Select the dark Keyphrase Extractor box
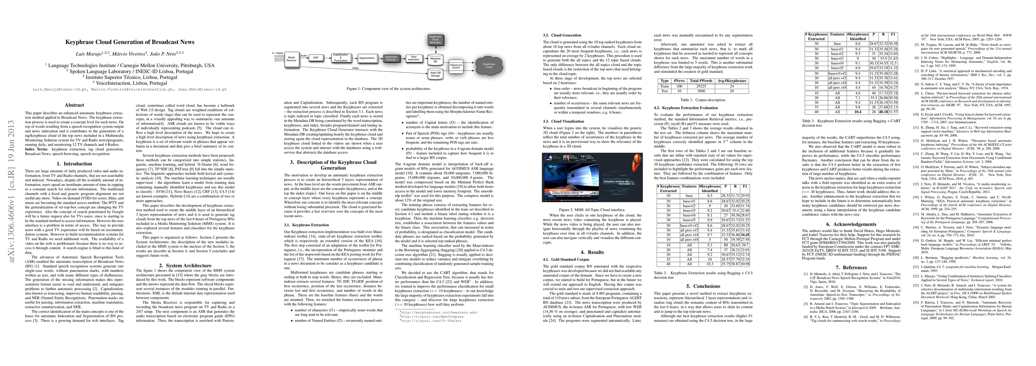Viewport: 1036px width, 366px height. coord(391,58)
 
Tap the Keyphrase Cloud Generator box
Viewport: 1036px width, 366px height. coord(435,39)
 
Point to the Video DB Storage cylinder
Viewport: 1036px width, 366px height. coord(435,74)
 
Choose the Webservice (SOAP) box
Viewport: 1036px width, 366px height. coord(456,66)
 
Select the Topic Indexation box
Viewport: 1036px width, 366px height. coord(414,58)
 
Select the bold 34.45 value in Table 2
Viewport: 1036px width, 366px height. coord(745,235)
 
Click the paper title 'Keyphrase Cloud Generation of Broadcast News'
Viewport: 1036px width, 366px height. coord(130,42)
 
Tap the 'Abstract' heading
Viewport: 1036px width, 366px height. coord(75,105)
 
